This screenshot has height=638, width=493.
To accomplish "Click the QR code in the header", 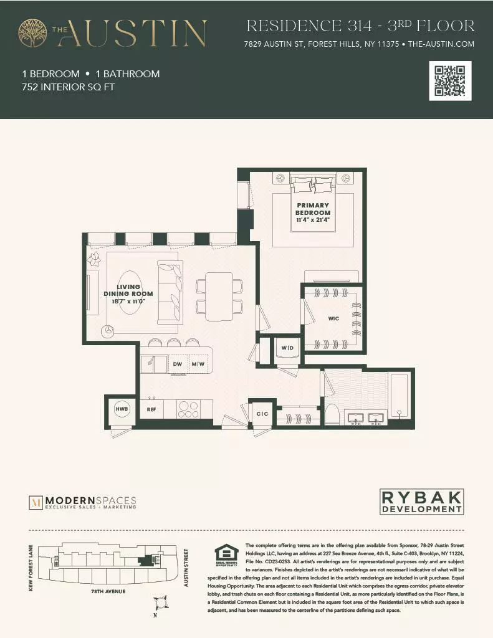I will tap(450, 81).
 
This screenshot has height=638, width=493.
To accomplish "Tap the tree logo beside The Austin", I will tap(32, 32).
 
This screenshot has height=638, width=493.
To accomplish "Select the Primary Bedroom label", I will tap(312, 212).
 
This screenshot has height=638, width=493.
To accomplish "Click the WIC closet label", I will tap(333, 318).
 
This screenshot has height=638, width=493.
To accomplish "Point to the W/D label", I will tap(287, 348).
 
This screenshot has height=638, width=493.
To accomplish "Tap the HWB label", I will tap(121, 409).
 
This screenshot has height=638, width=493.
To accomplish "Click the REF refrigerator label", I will tap(151, 409).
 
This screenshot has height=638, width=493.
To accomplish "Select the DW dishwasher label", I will tap(177, 364).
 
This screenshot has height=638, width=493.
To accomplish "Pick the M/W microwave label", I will tap(198, 364).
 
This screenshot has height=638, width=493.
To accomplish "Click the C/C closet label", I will tap(262, 413).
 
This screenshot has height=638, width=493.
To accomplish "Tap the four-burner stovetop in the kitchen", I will tap(188, 409).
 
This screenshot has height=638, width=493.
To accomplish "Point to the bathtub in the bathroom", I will tap(399, 395).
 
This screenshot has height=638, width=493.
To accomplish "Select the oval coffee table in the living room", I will tap(131, 291).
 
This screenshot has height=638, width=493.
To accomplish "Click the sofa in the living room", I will tap(169, 292).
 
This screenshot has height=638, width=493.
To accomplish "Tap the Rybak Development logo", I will tap(422, 502).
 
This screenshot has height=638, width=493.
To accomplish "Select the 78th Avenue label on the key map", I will tap(108, 591).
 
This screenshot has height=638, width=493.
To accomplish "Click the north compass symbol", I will tap(161, 602).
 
